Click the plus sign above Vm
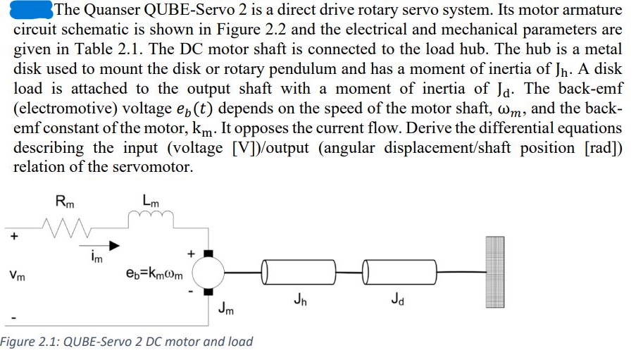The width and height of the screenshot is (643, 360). (13, 237)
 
